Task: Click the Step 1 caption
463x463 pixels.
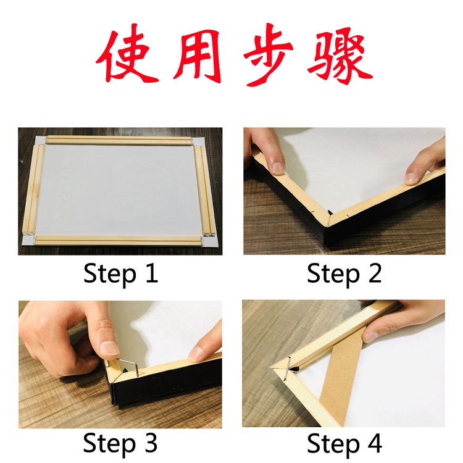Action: coord(121,274)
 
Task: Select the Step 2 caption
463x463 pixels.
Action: coord(344,274)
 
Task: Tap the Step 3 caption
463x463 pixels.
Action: coord(121,443)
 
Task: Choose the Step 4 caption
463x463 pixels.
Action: coord(344,443)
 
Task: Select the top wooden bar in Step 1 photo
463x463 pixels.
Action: coord(119,141)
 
